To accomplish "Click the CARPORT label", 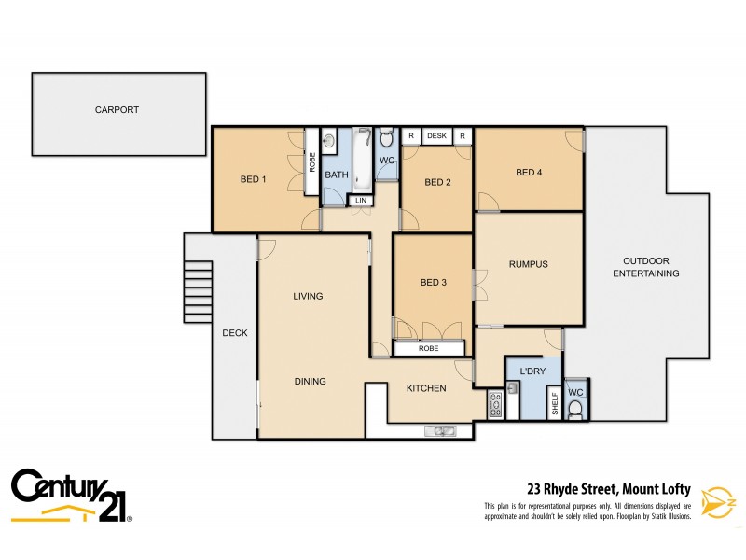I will tap(117, 109).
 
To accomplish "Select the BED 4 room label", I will tap(529, 172).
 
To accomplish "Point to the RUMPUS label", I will tap(528, 264).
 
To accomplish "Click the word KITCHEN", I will tap(425, 388).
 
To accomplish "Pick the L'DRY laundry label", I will tap(532, 371).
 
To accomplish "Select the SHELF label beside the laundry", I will tap(554, 403).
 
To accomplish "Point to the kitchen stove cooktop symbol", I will tap(495, 403).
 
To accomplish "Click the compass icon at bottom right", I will tap(717, 501).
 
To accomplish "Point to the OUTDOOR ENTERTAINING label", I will tap(645, 267).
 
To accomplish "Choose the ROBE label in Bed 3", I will tap(428, 348).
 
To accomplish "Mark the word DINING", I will tap(310, 381).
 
